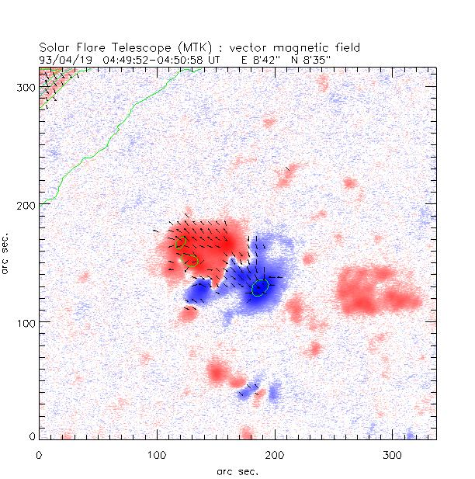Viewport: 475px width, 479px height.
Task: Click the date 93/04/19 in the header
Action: coord(61,58)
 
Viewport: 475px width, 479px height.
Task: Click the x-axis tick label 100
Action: coord(158,454)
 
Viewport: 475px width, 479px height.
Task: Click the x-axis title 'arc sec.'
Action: coord(237,470)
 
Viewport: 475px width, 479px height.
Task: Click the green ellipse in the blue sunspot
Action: coord(261,287)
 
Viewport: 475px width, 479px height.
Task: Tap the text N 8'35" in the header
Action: coord(319,58)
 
